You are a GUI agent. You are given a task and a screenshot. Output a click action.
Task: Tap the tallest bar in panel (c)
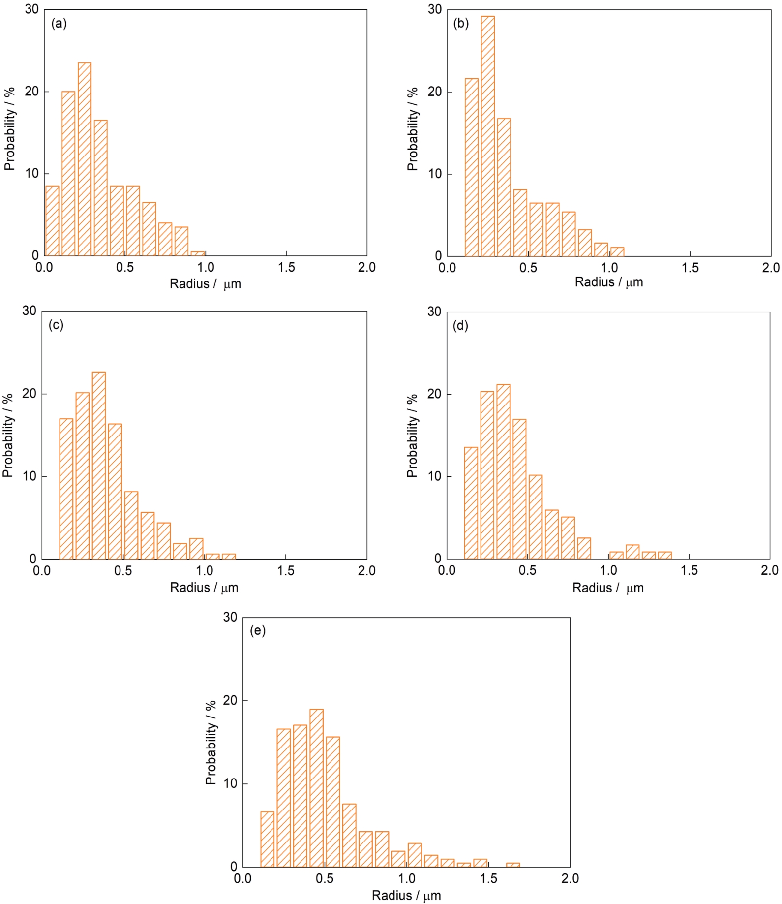point(98,465)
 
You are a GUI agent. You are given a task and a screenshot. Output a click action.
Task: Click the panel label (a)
point(59,24)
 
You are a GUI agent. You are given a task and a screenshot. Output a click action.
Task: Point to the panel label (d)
point(460,326)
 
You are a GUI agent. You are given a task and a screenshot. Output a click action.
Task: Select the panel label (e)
point(258,631)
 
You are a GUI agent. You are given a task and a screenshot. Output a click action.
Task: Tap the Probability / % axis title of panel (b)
point(412,129)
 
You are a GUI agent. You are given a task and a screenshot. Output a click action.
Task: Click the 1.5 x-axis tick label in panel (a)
point(286,268)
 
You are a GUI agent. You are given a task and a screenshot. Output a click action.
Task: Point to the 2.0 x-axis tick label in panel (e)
point(570,878)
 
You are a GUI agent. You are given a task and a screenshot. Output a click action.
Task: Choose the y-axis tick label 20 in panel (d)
point(434,395)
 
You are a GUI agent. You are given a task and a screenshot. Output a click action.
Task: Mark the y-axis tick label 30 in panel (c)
point(30,311)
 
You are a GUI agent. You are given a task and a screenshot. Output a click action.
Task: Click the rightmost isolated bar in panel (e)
point(513,865)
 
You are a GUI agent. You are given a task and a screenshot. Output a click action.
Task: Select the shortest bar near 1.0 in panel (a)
point(198,253)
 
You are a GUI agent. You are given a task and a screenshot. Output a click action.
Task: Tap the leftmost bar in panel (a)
point(52,220)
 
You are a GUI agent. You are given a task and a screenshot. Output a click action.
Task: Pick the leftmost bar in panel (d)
point(471,503)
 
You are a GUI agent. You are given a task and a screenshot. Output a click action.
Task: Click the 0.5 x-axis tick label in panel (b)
point(528,268)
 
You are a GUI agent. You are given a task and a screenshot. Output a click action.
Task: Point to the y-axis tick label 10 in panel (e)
point(230,783)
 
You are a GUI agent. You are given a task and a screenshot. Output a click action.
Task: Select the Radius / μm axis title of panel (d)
point(608,588)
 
